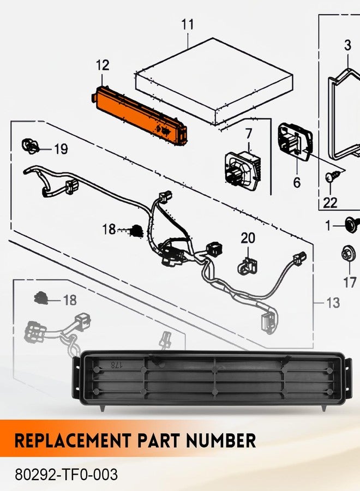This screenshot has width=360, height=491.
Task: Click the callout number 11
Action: point(188,25)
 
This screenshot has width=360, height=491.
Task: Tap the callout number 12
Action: point(103,65)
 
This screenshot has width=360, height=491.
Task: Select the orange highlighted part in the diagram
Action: point(140,116)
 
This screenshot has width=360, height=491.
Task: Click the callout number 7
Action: point(249,134)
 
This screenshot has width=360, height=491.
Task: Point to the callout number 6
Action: point(297,182)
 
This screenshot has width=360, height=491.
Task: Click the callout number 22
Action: point(330,203)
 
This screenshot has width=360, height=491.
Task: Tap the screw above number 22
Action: point(332,176)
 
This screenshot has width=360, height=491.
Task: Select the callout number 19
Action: point(61,149)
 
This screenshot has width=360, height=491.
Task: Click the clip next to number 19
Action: point(30,146)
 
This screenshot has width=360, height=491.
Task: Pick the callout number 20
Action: point(248,238)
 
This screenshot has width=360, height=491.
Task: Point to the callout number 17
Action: point(350,283)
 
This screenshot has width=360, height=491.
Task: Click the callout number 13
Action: point(333,303)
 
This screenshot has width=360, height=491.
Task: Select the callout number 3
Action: point(348,45)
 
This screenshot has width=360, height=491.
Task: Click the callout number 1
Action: point(328,225)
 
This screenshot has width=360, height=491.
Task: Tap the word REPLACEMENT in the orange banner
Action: point(73,441)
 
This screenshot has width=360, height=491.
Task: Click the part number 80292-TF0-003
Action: point(67,475)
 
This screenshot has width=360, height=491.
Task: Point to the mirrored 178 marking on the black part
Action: point(116,364)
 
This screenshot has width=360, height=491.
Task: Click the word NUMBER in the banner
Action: point(221,441)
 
